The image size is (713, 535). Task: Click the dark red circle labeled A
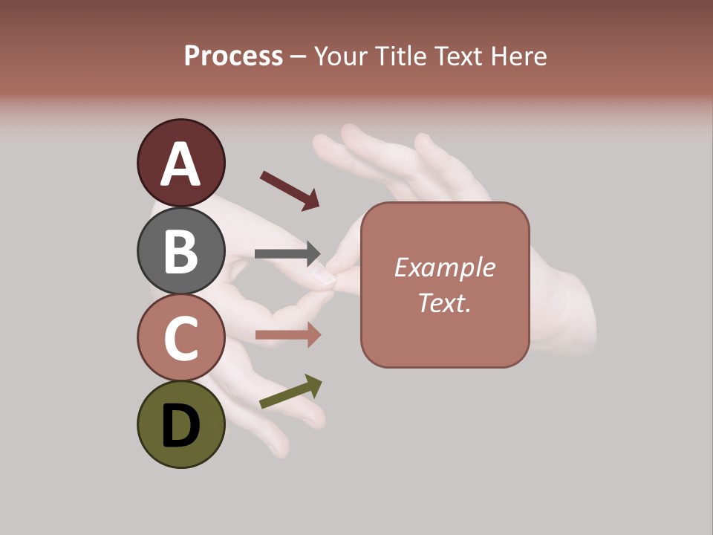pyautogui.click(x=180, y=163)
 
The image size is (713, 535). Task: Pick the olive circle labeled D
pyautogui.click(x=180, y=424)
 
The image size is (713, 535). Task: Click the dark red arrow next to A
pyautogui.click(x=290, y=189)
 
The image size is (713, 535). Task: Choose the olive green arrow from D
pyautogui.click(x=290, y=392)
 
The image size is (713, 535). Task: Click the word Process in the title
pyautogui.click(x=233, y=56)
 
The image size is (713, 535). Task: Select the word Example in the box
pyautogui.click(x=444, y=267)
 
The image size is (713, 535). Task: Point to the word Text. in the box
pyautogui.click(x=444, y=302)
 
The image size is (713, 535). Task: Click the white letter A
pyautogui.click(x=180, y=164)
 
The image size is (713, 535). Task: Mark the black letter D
pyautogui.click(x=180, y=426)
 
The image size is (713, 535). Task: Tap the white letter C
pyautogui.click(x=180, y=338)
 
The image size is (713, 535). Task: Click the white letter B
pyautogui.click(x=180, y=251)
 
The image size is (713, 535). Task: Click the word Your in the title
pyautogui.click(x=341, y=56)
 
